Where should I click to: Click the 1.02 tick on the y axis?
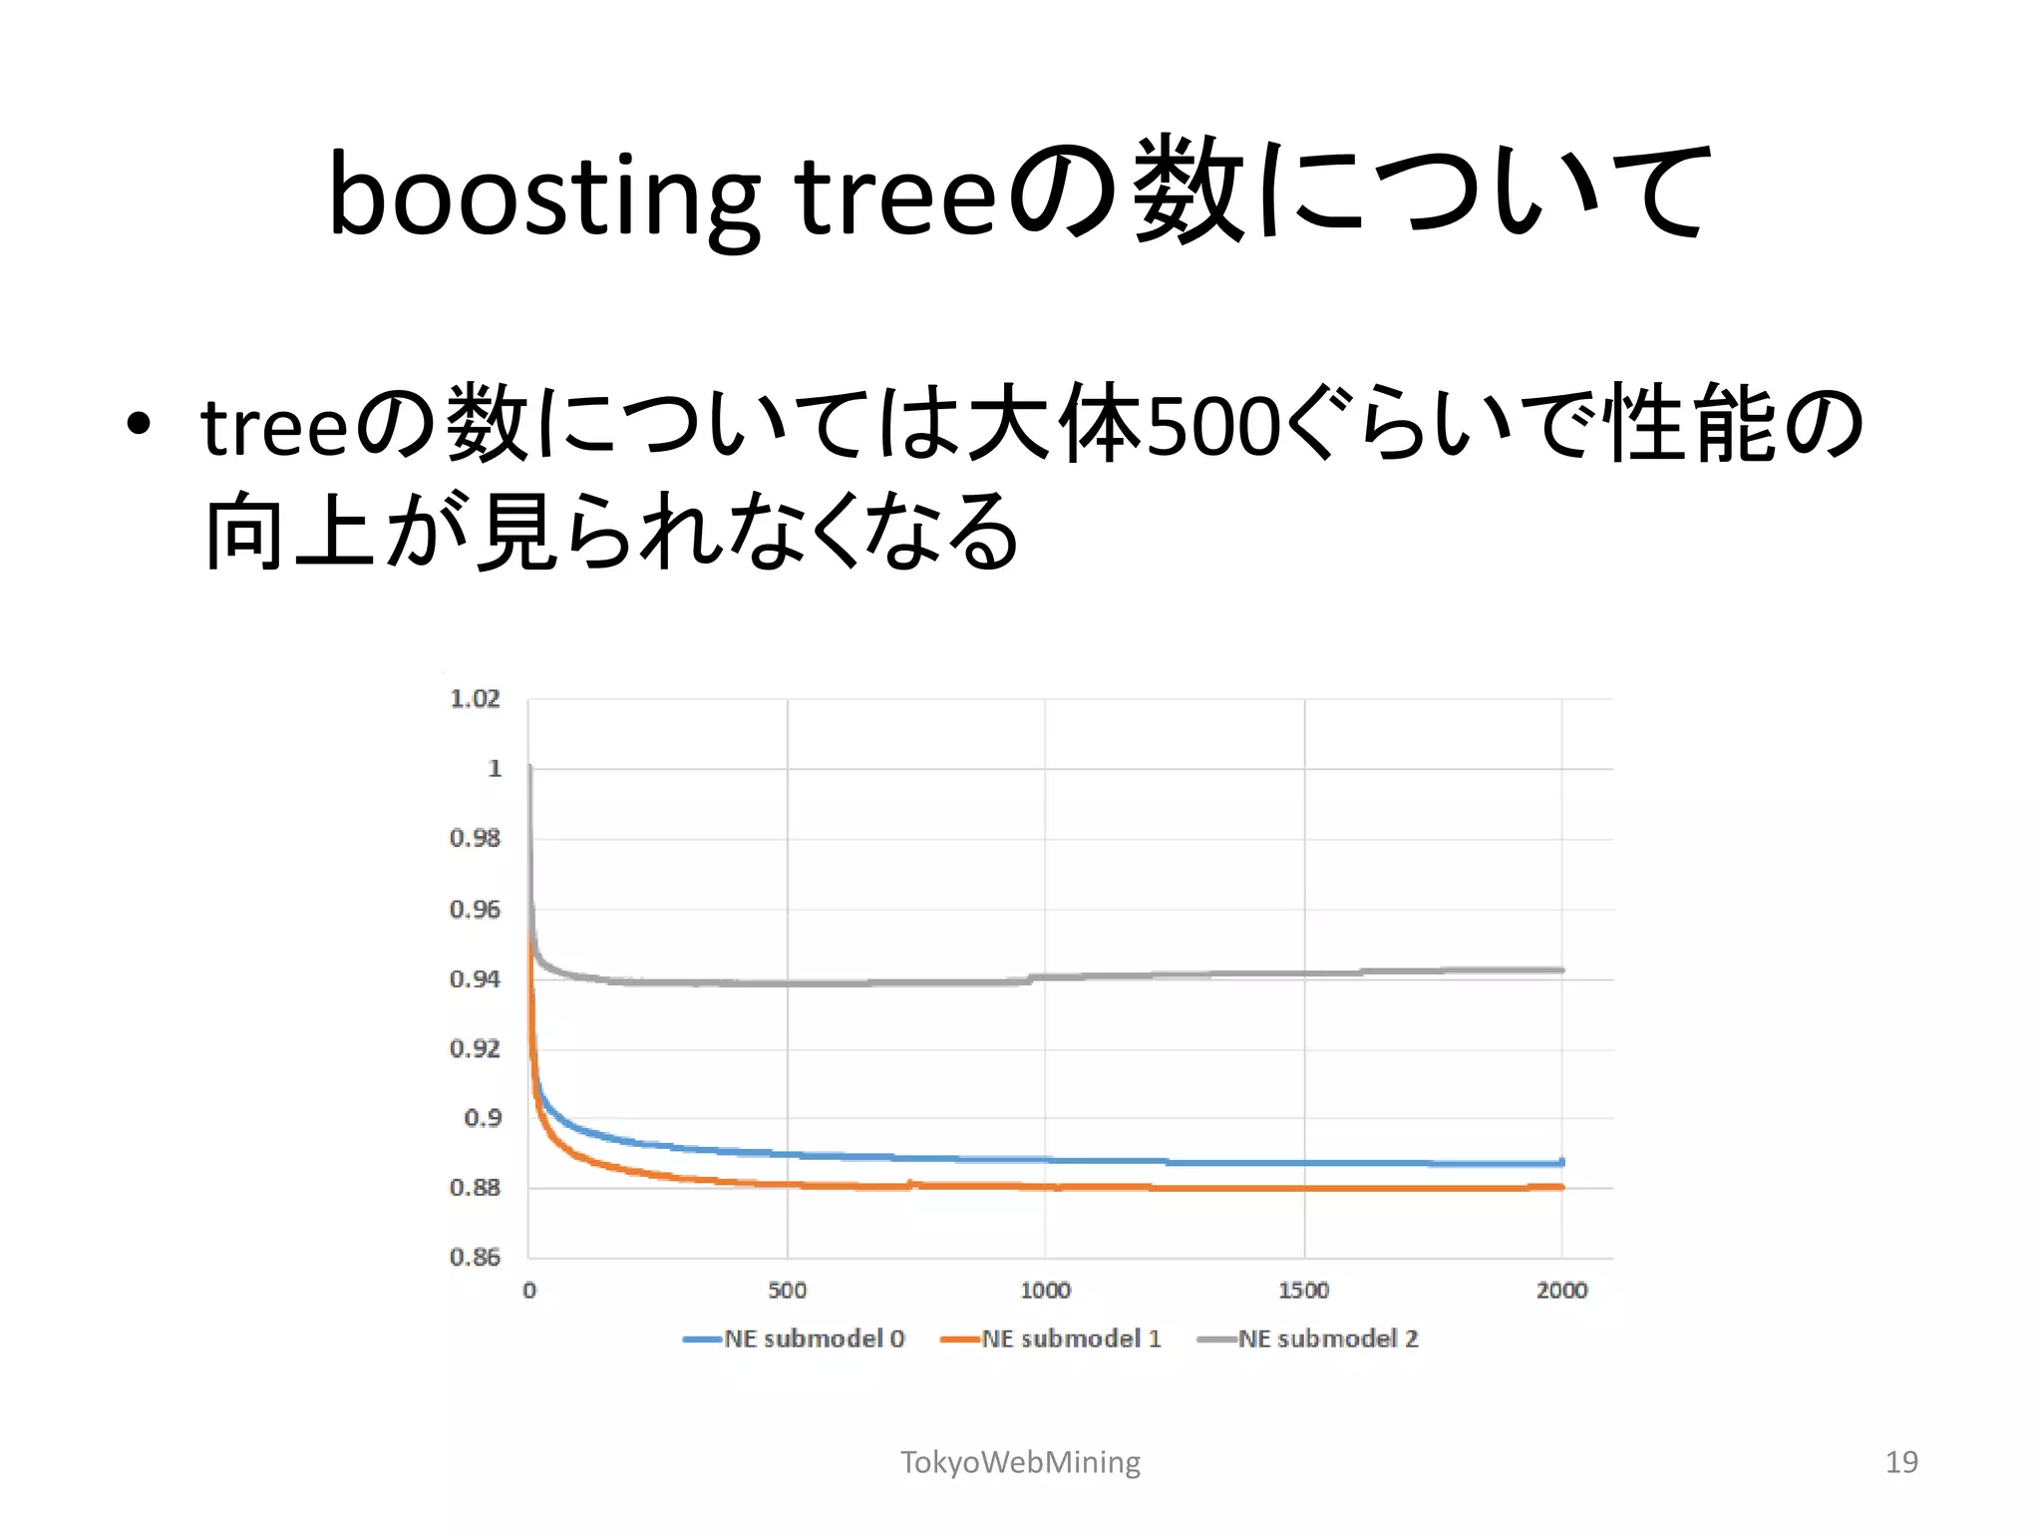475,699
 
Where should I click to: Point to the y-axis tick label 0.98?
475,839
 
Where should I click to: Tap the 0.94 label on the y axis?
475,979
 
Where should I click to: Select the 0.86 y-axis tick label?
475,1258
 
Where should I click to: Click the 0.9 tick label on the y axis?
483,1118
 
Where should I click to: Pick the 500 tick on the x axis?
787,1291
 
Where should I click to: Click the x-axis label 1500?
1303,1291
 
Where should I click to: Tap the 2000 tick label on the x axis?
1561,1291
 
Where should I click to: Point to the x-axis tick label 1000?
1045,1291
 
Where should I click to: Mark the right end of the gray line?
1562,969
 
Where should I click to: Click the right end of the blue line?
1562,1162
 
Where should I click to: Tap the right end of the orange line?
1562,1187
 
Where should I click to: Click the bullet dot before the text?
139,424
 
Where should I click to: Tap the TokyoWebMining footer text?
1020,1462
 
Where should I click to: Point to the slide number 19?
1901,1462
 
